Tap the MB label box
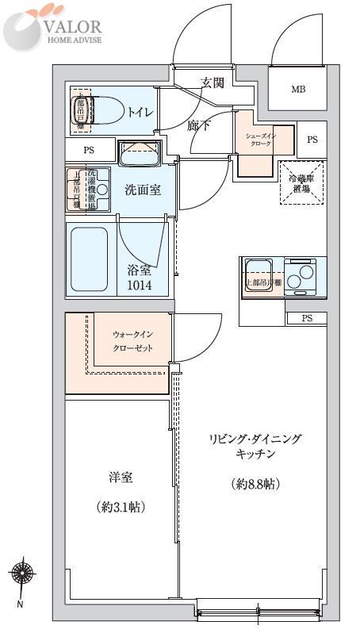297,89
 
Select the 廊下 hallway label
198,125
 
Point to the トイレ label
142,113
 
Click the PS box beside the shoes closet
312,140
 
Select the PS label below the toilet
88,148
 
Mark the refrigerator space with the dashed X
300,183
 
